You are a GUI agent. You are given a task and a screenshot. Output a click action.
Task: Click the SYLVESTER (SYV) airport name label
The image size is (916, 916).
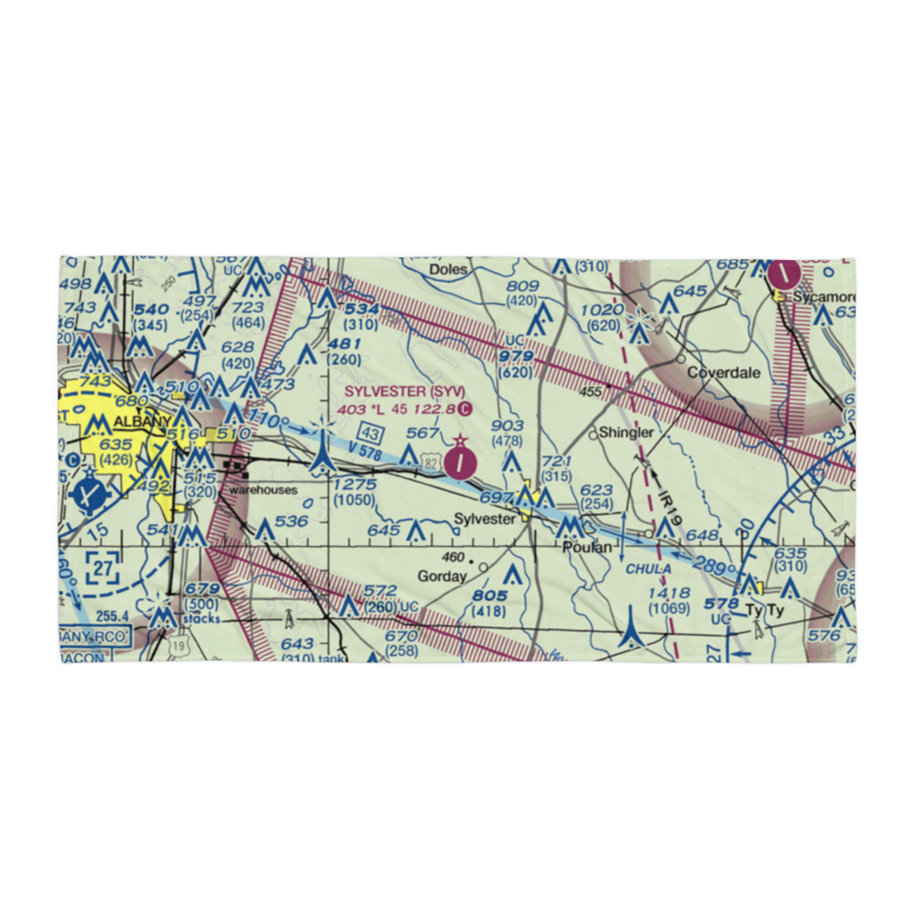(x=398, y=392)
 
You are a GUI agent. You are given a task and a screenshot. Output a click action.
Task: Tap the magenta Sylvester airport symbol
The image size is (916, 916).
(x=460, y=463)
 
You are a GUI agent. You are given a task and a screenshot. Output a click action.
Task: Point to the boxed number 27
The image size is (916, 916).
(x=104, y=569)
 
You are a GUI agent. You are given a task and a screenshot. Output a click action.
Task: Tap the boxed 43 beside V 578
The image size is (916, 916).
(x=370, y=431)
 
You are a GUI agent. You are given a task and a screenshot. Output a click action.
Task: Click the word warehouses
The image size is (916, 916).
(x=263, y=490)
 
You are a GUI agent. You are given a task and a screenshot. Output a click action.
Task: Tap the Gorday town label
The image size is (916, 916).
(x=442, y=576)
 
